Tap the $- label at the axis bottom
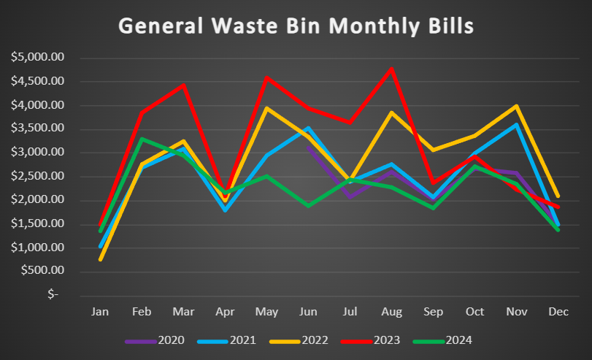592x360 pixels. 55,294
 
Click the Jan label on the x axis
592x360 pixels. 100,312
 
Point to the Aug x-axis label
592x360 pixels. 391,312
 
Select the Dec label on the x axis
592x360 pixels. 558,312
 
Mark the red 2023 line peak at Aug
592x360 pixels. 392,68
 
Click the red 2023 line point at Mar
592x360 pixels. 183,85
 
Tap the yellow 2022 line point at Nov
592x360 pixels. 516,107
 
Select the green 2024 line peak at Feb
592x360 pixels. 142,139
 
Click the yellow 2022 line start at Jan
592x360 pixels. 100,259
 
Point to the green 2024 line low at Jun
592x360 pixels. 309,205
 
